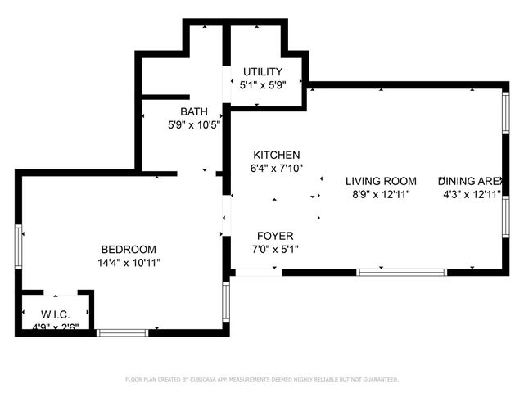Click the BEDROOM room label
[128, 250]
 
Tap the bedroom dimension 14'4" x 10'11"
[128, 263]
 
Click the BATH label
[194, 112]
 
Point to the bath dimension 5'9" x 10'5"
[194, 125]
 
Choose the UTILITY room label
[261, 72]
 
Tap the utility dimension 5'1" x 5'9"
[261, 85]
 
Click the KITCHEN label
[276, 155]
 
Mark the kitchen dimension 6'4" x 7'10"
[276, 168]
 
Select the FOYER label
[275, 237]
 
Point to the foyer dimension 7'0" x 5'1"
[275, 250]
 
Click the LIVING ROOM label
[381, 181]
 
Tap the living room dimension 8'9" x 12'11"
[381, 194]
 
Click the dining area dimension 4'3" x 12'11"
[471, 194]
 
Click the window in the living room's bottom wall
[401, 272]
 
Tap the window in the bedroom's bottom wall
[122, 332]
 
